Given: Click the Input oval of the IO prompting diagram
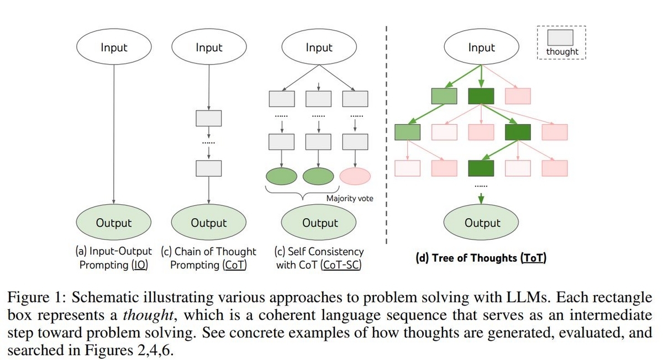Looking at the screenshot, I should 114,48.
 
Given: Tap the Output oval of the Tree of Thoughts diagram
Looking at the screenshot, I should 482,223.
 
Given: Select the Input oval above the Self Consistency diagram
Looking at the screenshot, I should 319,48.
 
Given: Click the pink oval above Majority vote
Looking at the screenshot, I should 355,176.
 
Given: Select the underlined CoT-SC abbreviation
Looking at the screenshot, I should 341,265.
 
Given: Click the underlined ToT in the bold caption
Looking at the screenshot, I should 533,258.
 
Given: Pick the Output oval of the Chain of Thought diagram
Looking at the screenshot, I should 208,223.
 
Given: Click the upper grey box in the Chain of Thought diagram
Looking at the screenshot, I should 208,118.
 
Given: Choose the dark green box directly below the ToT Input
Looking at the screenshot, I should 481,96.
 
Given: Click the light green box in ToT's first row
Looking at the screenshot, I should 444,96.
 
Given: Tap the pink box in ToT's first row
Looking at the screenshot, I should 517,96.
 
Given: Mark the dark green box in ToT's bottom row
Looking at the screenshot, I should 481,167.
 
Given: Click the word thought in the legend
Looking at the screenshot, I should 562,52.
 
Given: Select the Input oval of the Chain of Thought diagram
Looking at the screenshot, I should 208,48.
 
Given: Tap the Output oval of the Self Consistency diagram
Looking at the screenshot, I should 319,223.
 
